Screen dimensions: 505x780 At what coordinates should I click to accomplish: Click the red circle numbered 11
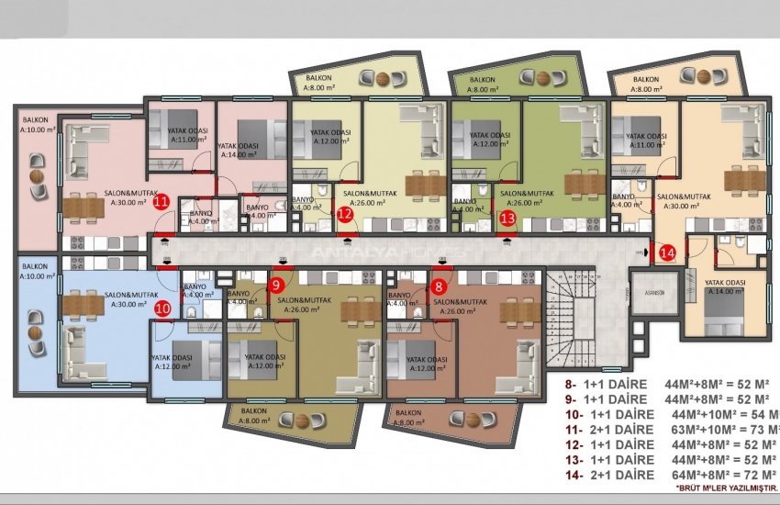(x=161, y=203)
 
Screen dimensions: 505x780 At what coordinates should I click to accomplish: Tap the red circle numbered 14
(x=667, y=252)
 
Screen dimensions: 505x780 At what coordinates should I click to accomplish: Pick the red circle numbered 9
(x=277, y=286)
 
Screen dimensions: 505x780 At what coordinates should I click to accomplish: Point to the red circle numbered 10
(x=162, y=309)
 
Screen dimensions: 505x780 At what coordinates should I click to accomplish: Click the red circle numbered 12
(x=345, y=216)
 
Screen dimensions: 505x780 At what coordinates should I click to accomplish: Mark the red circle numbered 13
(x=508, y=218)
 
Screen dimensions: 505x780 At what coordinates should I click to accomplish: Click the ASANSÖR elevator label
(x=655, y=294)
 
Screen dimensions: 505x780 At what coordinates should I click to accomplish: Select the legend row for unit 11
(x=670, y=429)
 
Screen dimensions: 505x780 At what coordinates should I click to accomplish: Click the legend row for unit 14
(x=670, y=475)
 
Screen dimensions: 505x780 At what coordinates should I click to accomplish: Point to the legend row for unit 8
(x=670, y=384)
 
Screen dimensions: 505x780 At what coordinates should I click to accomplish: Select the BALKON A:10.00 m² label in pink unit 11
(x=37, y=125)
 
